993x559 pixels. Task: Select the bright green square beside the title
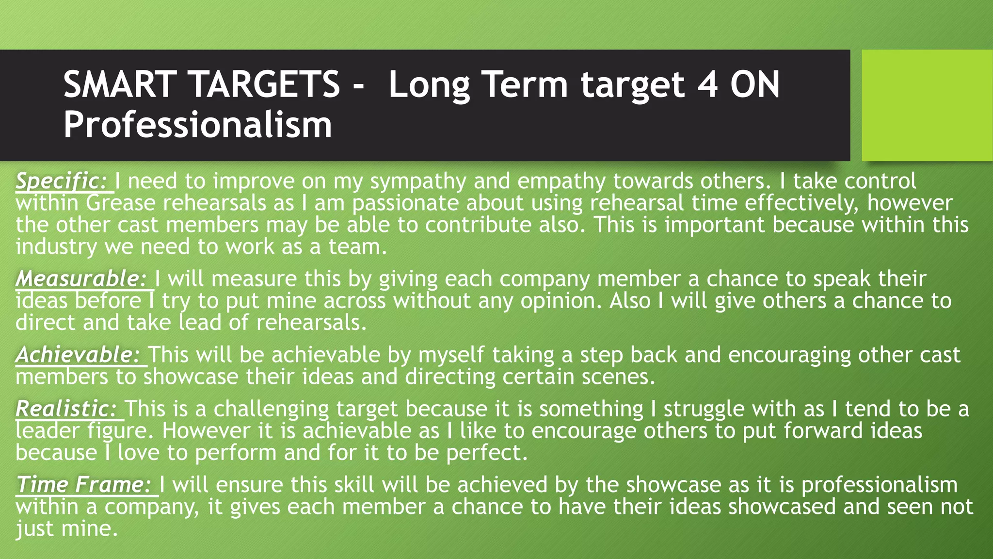point(927,105)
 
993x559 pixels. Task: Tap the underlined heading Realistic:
point(66,409)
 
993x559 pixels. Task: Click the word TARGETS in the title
point(266,84)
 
